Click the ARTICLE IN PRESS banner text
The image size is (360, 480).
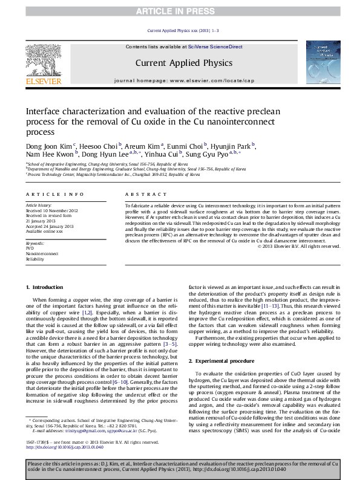pos(180,11)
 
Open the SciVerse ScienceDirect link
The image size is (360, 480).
pos(215,47)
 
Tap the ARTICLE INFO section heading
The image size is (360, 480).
pos(54,194)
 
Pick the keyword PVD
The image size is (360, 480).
pos(30,248)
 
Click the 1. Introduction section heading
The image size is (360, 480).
pos(46,286)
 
